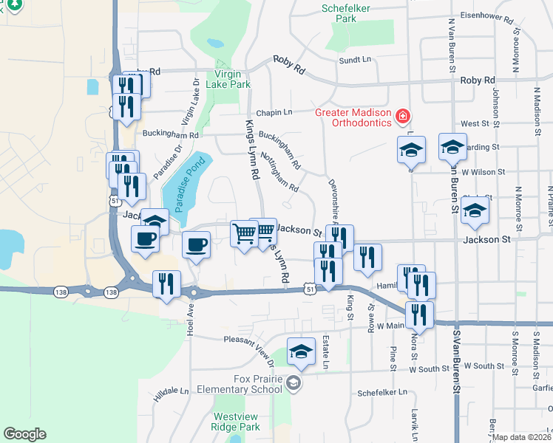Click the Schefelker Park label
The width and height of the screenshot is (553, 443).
point(340,13)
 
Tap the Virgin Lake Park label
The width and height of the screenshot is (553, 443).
point(234,79)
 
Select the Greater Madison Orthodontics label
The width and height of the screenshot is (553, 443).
point(353,117)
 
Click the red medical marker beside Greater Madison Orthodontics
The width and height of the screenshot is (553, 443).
point(403,117)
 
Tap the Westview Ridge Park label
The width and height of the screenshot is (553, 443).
point(236,422)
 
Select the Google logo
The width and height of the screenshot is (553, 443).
point(24,434)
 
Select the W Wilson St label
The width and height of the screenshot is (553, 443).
point(484,171)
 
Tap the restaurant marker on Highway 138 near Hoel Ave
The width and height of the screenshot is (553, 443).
point(166,284)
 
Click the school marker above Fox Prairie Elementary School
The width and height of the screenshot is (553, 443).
point(301,353)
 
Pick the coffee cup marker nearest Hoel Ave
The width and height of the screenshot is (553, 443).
point(196,244)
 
